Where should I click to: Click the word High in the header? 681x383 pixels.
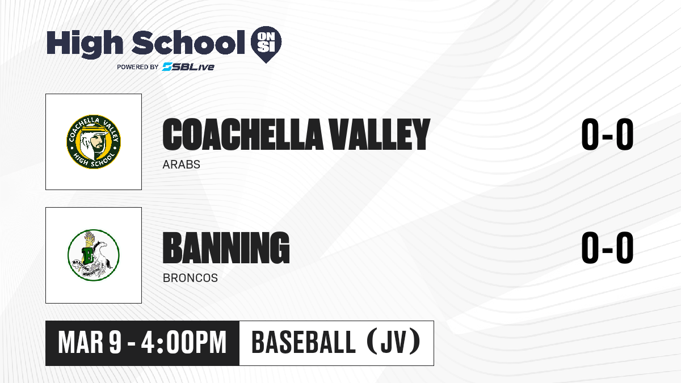(x=85, y=44)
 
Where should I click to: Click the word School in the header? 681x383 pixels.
(x=188, y=43)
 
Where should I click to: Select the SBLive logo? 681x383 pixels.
(x=188, y=67)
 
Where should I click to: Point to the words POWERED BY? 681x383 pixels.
(x=138, y=67)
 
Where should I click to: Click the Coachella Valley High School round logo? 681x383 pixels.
(x=94, y=142)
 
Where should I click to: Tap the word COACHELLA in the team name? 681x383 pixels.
(x=243, y=134)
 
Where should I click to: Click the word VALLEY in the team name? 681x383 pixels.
(x=380, y=134)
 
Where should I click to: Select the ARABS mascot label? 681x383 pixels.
(x=181, y=165)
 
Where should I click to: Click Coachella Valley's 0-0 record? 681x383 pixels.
(x=607, y=134)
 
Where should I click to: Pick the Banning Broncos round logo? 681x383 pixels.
(x=94, y=255)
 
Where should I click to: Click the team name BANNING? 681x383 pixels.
(x=226, y=247)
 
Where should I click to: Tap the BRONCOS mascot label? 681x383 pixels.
(x=190, y=278)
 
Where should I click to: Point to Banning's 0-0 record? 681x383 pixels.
(x=607, y=247)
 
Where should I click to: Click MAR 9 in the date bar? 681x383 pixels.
(x=90, y=343)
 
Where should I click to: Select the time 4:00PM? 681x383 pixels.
(x=184, y=343)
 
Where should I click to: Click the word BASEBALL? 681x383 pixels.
(x=304, y=343)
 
